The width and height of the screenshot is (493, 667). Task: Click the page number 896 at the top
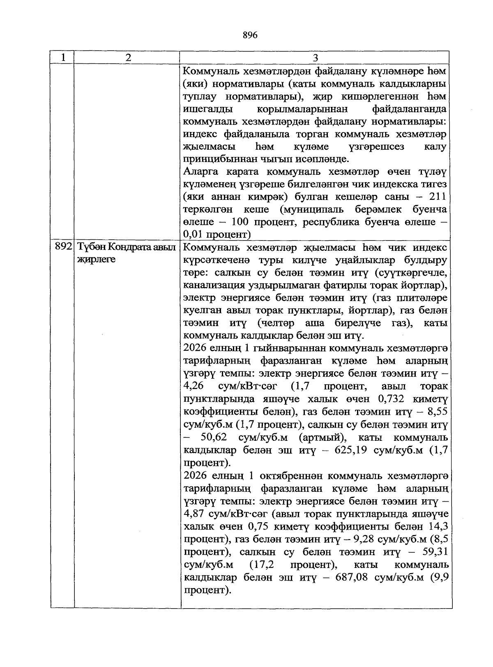point(250,35)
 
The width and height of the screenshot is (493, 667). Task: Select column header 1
point(62,58)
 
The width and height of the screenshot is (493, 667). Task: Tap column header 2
point(128,58)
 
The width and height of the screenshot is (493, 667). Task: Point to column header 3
point(316,58)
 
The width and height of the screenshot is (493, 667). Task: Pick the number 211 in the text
point(437,197)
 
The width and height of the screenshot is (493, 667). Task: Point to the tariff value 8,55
point(437,412)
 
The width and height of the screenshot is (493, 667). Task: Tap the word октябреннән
point(283,476)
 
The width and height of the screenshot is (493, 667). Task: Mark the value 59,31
point(434,552)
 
